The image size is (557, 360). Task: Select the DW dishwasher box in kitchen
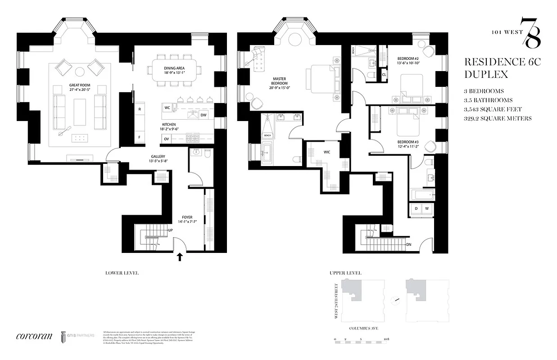click(x=204, y=115)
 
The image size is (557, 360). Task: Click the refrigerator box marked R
click(x=140, y=109)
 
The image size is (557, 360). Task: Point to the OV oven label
click(x=167, y=139)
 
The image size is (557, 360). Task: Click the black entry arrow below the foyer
click(x=180, y=257)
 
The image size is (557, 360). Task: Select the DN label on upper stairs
click(x=408, y=245)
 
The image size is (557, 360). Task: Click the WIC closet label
click(x=327, y=152)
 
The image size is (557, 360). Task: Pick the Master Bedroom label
click(x=279, y=81)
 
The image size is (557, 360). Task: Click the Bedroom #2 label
click(x=408, y=59)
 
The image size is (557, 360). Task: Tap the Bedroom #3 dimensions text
click(x=408, y=146)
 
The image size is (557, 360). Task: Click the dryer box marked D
click(x=416, y=209)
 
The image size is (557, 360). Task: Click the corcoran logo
click(x=34, y=336)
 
